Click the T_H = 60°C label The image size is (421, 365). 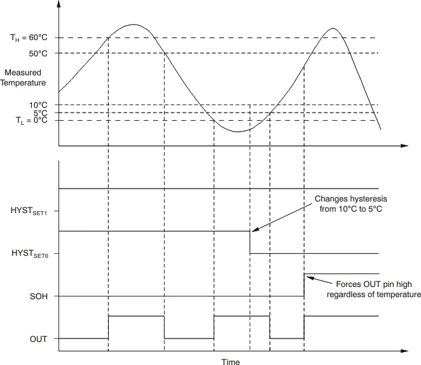coord(28,38)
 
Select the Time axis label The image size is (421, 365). coord(231,362)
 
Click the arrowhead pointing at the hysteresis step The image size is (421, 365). coord(254,231)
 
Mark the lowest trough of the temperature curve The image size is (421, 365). coord(236,131)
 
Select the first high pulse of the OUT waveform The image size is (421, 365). coord(136,316)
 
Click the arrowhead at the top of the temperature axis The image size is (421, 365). coord(59,3)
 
